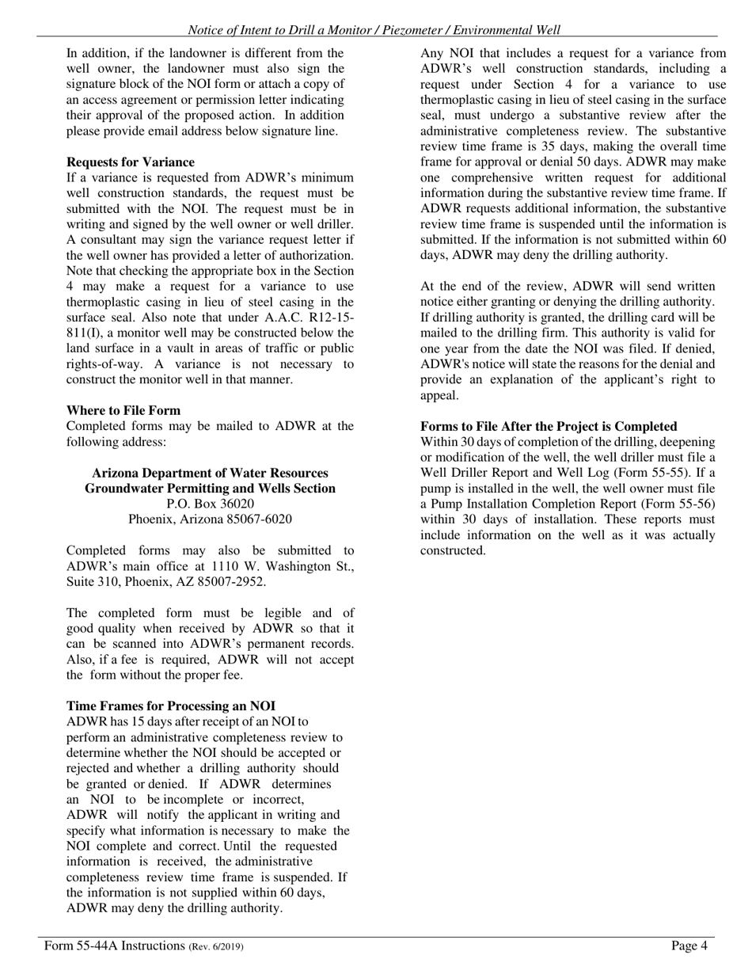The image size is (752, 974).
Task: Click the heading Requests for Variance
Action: tap(131, 162)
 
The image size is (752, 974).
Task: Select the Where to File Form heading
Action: tap(123, 410)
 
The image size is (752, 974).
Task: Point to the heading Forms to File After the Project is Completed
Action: tap(549, 426)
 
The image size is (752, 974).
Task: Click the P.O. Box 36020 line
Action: tap(211, 504)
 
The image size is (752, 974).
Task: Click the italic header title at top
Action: tap(374, 30)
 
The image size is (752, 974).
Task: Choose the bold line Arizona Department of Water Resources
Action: tap(210, 473)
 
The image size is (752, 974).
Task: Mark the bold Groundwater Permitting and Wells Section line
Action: tap(210, 489)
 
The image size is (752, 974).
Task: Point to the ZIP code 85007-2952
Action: tap(230, 582)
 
